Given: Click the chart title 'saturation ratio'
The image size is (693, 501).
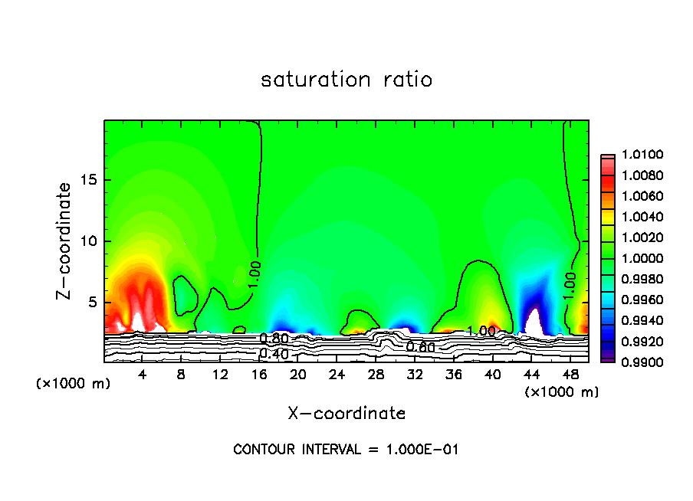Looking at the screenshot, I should pos(346,80).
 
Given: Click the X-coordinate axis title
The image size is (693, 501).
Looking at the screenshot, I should pos(346,413).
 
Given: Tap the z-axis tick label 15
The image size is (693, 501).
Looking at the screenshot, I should pos(88,180).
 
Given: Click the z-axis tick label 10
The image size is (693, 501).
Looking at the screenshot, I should pos(88,241).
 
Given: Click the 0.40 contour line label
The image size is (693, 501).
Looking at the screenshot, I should pos(273,353).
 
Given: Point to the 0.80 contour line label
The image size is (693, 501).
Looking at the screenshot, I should pos(274,339).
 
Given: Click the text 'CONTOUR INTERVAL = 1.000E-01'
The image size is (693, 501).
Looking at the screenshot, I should pos(346,449).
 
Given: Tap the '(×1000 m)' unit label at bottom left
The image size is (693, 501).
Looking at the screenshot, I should pos(73,383).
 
